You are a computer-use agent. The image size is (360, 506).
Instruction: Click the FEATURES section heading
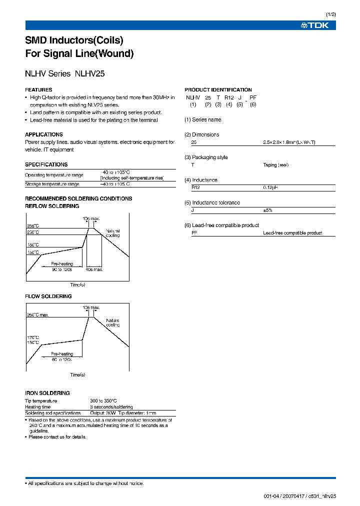tap(38, 90)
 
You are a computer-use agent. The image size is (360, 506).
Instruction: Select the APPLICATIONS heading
tap(44, 134)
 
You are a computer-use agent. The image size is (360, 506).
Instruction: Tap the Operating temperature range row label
tap(54, 175)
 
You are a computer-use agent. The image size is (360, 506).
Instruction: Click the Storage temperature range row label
tap(52, 184)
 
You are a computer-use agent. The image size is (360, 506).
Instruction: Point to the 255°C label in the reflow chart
tap(33, 225)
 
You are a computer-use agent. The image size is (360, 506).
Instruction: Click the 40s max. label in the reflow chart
tap(94, 269)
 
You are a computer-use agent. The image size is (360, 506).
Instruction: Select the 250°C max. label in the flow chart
tap(37, 315)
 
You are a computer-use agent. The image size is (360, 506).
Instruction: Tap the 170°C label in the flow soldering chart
tap(32, 338)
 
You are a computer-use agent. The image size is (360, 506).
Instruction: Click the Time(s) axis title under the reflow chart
tap(77, 285)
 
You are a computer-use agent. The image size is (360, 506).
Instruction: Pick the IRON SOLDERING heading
tap(47, 393)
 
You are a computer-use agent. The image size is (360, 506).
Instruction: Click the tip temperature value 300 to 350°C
tap(103, 401)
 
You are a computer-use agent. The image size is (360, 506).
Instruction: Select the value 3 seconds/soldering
tap(111, 407)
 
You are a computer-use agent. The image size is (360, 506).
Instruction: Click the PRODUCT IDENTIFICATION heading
tap(218, 90)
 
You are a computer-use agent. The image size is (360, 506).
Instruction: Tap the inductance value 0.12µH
tap(271, 187)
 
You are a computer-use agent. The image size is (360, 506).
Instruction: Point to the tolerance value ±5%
tap(268, 210)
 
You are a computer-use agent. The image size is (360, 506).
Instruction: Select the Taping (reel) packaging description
tap(275, 165)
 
